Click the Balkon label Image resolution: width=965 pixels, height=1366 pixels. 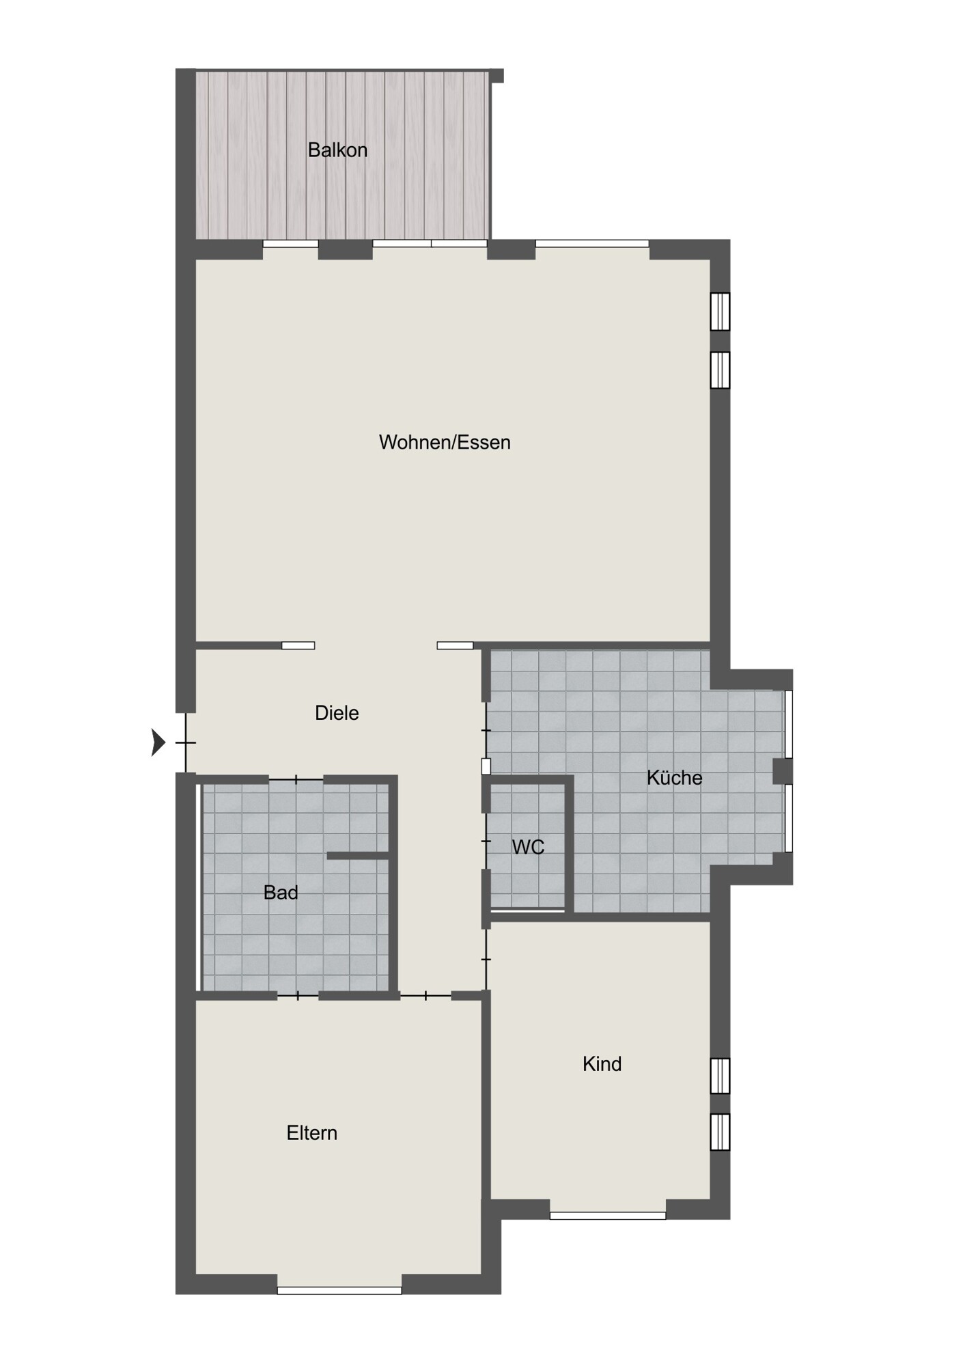(337, 150)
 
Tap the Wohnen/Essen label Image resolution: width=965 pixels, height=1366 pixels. (445, 443)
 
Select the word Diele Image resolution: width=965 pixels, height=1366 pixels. (337, 713)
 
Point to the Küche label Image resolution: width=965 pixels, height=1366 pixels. (674, 777)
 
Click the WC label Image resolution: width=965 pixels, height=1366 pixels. (528, 847)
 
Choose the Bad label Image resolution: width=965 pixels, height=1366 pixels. (281, 892)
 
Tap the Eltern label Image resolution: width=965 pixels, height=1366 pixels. (311, 1133)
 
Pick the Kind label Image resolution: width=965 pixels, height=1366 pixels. (602, 1063)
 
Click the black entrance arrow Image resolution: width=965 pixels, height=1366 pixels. (158, 742)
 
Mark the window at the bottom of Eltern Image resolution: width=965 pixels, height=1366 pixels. (339, 1290)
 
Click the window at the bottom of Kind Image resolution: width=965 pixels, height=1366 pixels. (608, 1215)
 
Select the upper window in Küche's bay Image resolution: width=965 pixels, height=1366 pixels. (788, 724)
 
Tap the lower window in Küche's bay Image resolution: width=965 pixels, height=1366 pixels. (788, 818)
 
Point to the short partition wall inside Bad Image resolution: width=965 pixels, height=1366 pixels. (358, 855)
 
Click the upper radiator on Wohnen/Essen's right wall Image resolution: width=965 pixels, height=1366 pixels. (720, 311)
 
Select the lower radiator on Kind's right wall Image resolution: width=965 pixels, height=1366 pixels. (720, 1132)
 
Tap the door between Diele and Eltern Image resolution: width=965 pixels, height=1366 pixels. (425, 996)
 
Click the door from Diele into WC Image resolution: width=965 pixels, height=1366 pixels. (486, 840)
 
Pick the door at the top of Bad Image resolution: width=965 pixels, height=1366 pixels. (296, 779)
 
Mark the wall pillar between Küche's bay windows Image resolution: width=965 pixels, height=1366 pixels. (783, 771)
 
